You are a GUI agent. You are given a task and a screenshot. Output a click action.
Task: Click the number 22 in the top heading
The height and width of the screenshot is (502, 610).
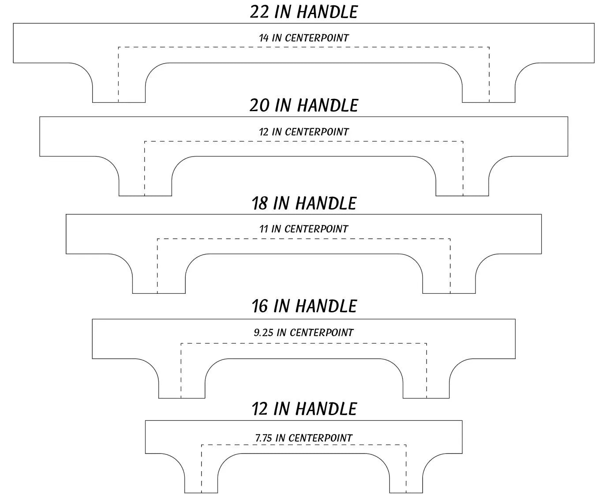[x=259, y=12]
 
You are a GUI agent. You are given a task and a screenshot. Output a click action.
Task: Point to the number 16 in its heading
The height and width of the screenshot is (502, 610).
[x=259, y=306]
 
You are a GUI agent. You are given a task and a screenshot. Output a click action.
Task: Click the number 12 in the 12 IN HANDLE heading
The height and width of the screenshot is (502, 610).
[x=260, y=409]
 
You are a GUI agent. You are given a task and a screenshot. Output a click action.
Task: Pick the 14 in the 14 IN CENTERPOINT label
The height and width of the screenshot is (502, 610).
[x=263, y=38]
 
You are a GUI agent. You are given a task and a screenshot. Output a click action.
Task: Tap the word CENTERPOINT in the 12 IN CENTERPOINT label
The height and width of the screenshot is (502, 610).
[x=317, y=132]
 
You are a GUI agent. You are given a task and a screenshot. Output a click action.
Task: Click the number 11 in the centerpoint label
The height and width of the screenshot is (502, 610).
[x=263, y=229]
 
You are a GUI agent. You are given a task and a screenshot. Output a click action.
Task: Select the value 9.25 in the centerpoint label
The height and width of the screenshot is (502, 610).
[x=263, y=333]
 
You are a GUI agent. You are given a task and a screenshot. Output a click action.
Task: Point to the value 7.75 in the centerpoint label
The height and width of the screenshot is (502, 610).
[x=263, y=438]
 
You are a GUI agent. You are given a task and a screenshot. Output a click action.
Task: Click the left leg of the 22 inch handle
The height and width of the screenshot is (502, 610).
[x=119, y=87]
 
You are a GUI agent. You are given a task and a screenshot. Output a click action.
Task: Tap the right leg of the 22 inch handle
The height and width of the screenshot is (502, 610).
[x=489, y=87]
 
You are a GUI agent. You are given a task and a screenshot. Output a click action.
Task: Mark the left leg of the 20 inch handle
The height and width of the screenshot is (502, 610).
[x=145, y=180]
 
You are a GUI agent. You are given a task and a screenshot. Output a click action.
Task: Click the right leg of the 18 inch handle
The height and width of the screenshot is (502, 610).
[x=449, y=278]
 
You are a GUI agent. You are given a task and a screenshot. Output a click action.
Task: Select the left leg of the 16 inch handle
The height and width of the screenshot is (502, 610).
[x=182, y=382]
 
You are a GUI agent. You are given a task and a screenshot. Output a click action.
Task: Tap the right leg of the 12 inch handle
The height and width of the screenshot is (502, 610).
[x=406, y=477]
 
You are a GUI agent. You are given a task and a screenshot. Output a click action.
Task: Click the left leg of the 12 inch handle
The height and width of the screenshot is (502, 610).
[x=201, y=477]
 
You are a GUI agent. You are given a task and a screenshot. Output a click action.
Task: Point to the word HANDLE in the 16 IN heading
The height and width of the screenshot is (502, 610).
[x=326, y=306]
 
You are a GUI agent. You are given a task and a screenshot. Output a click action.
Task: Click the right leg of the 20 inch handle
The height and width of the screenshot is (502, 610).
[x=462, y=180]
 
